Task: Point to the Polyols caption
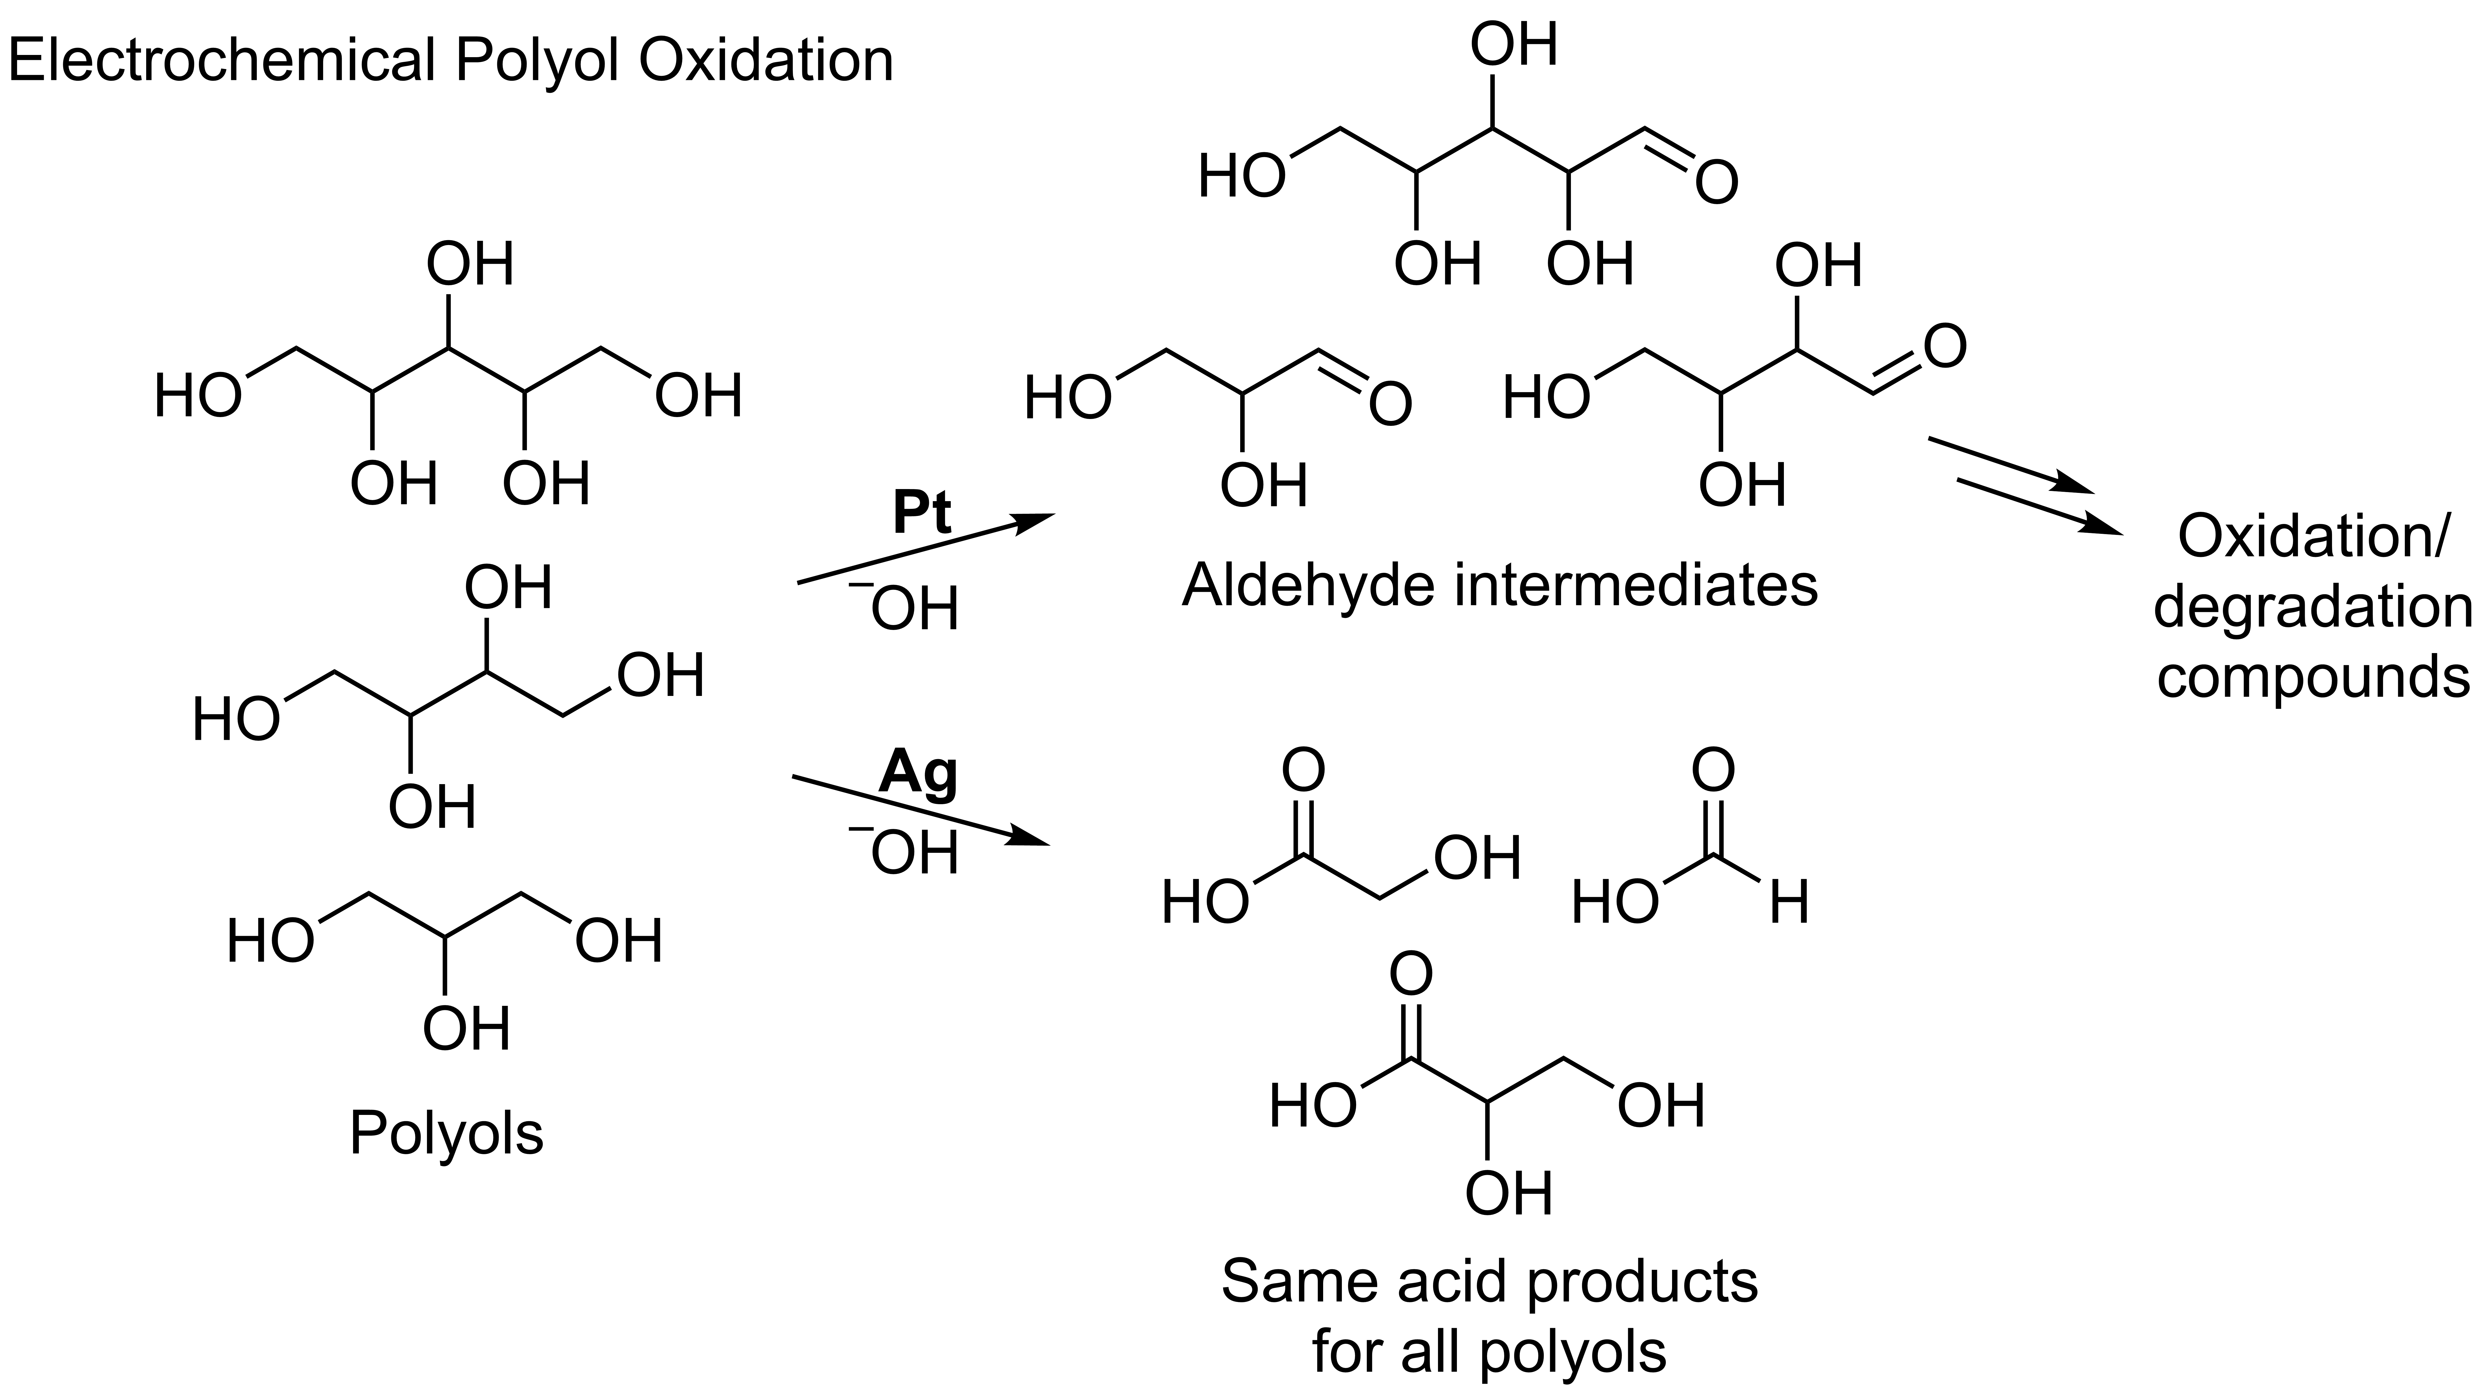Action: click(x=446, y=1133)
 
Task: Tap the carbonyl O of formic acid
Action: click(x=1713, y=771)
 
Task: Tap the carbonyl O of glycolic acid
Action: click(x=1304, y=771)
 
